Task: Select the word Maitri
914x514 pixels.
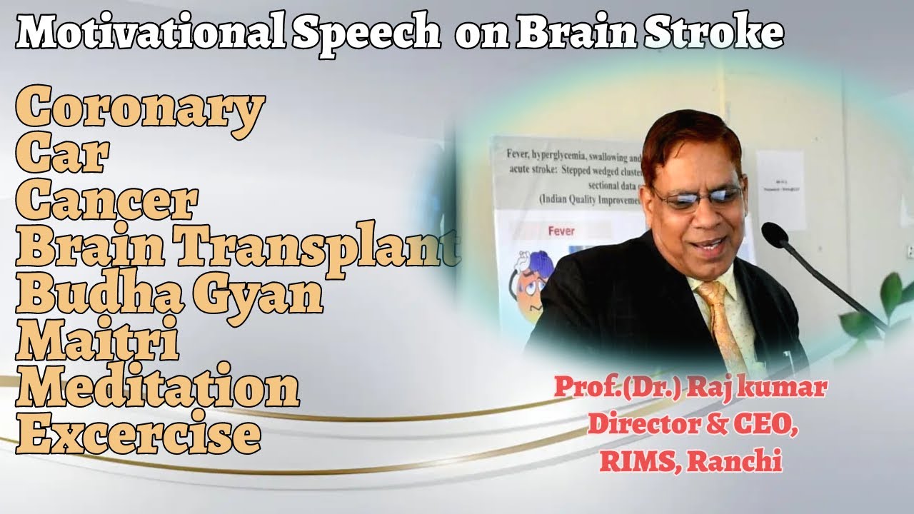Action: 97,342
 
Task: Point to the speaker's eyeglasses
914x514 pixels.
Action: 696,196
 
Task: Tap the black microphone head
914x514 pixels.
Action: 774,235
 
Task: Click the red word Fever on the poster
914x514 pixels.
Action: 561,231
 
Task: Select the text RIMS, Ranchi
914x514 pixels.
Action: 690,462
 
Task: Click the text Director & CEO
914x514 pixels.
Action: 692,426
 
